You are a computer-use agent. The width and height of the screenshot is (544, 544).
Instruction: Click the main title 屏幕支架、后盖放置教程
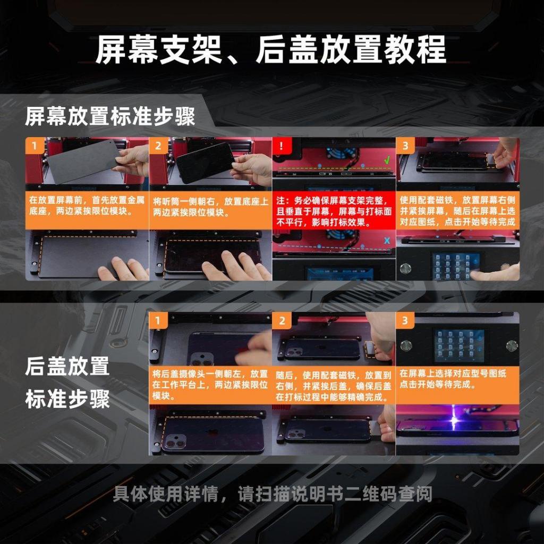pos(270,50)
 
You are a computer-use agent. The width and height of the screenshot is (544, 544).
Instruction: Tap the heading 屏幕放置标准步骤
pos(110,116)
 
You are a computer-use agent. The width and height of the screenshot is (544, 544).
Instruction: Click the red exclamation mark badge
pos(281,146)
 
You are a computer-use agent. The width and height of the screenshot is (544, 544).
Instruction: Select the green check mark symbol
pos(387,160)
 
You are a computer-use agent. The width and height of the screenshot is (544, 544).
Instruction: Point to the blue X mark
pos(387,240)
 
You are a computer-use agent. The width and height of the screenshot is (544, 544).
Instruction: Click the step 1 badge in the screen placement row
pos(35,146)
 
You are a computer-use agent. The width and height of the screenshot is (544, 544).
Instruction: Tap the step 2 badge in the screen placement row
pos(158,146)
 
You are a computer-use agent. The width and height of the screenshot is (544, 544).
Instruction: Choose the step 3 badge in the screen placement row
pos(405,146)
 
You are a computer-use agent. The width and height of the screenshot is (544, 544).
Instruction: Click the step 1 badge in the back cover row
pos(158,320)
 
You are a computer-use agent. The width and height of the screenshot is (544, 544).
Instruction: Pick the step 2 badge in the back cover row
pos(282,320)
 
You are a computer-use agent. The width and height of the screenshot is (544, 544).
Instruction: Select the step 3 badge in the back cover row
pos(405,320)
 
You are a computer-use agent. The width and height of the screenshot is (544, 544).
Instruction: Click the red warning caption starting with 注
pos(334,211)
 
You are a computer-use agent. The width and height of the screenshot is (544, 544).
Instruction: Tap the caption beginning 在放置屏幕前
pos(87,206)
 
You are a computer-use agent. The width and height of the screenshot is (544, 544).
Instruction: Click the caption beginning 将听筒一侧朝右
pos(210,207)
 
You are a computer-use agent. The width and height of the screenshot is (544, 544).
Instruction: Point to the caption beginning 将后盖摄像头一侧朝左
pos(210,385)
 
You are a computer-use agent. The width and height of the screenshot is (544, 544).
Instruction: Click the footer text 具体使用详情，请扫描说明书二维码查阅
pos(273,494)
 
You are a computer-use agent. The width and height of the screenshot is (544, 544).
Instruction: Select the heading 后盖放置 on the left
pos(67,367)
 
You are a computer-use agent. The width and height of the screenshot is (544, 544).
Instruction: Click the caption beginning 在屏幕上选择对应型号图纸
pos(453,379)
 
